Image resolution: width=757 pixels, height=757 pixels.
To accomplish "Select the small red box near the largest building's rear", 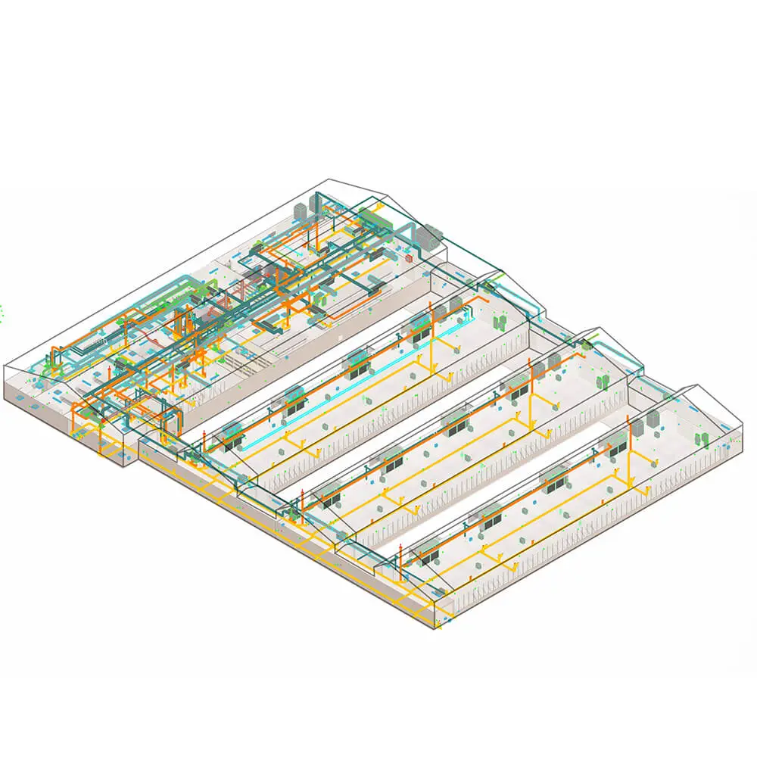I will click(410, 258).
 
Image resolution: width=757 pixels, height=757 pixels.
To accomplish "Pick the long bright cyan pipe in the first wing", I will click(356, 371).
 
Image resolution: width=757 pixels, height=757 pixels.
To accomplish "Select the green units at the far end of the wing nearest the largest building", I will click(500, 322).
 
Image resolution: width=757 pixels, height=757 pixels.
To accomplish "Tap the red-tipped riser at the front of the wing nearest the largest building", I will click(204, 437).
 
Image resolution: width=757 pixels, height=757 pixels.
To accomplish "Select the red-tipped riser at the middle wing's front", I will click(303, 499).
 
